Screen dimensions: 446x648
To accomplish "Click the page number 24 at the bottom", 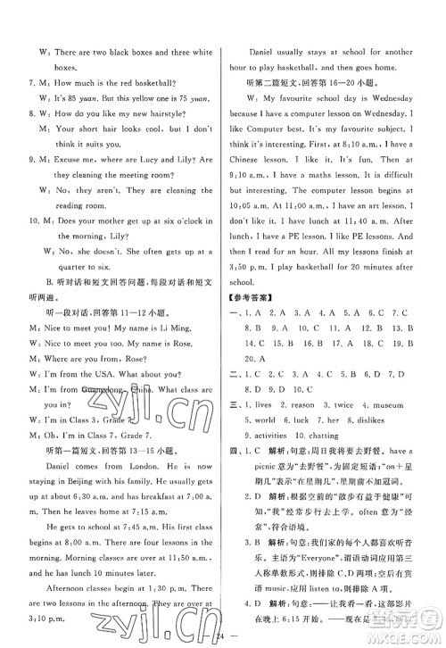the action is click(x=221, y=636).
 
